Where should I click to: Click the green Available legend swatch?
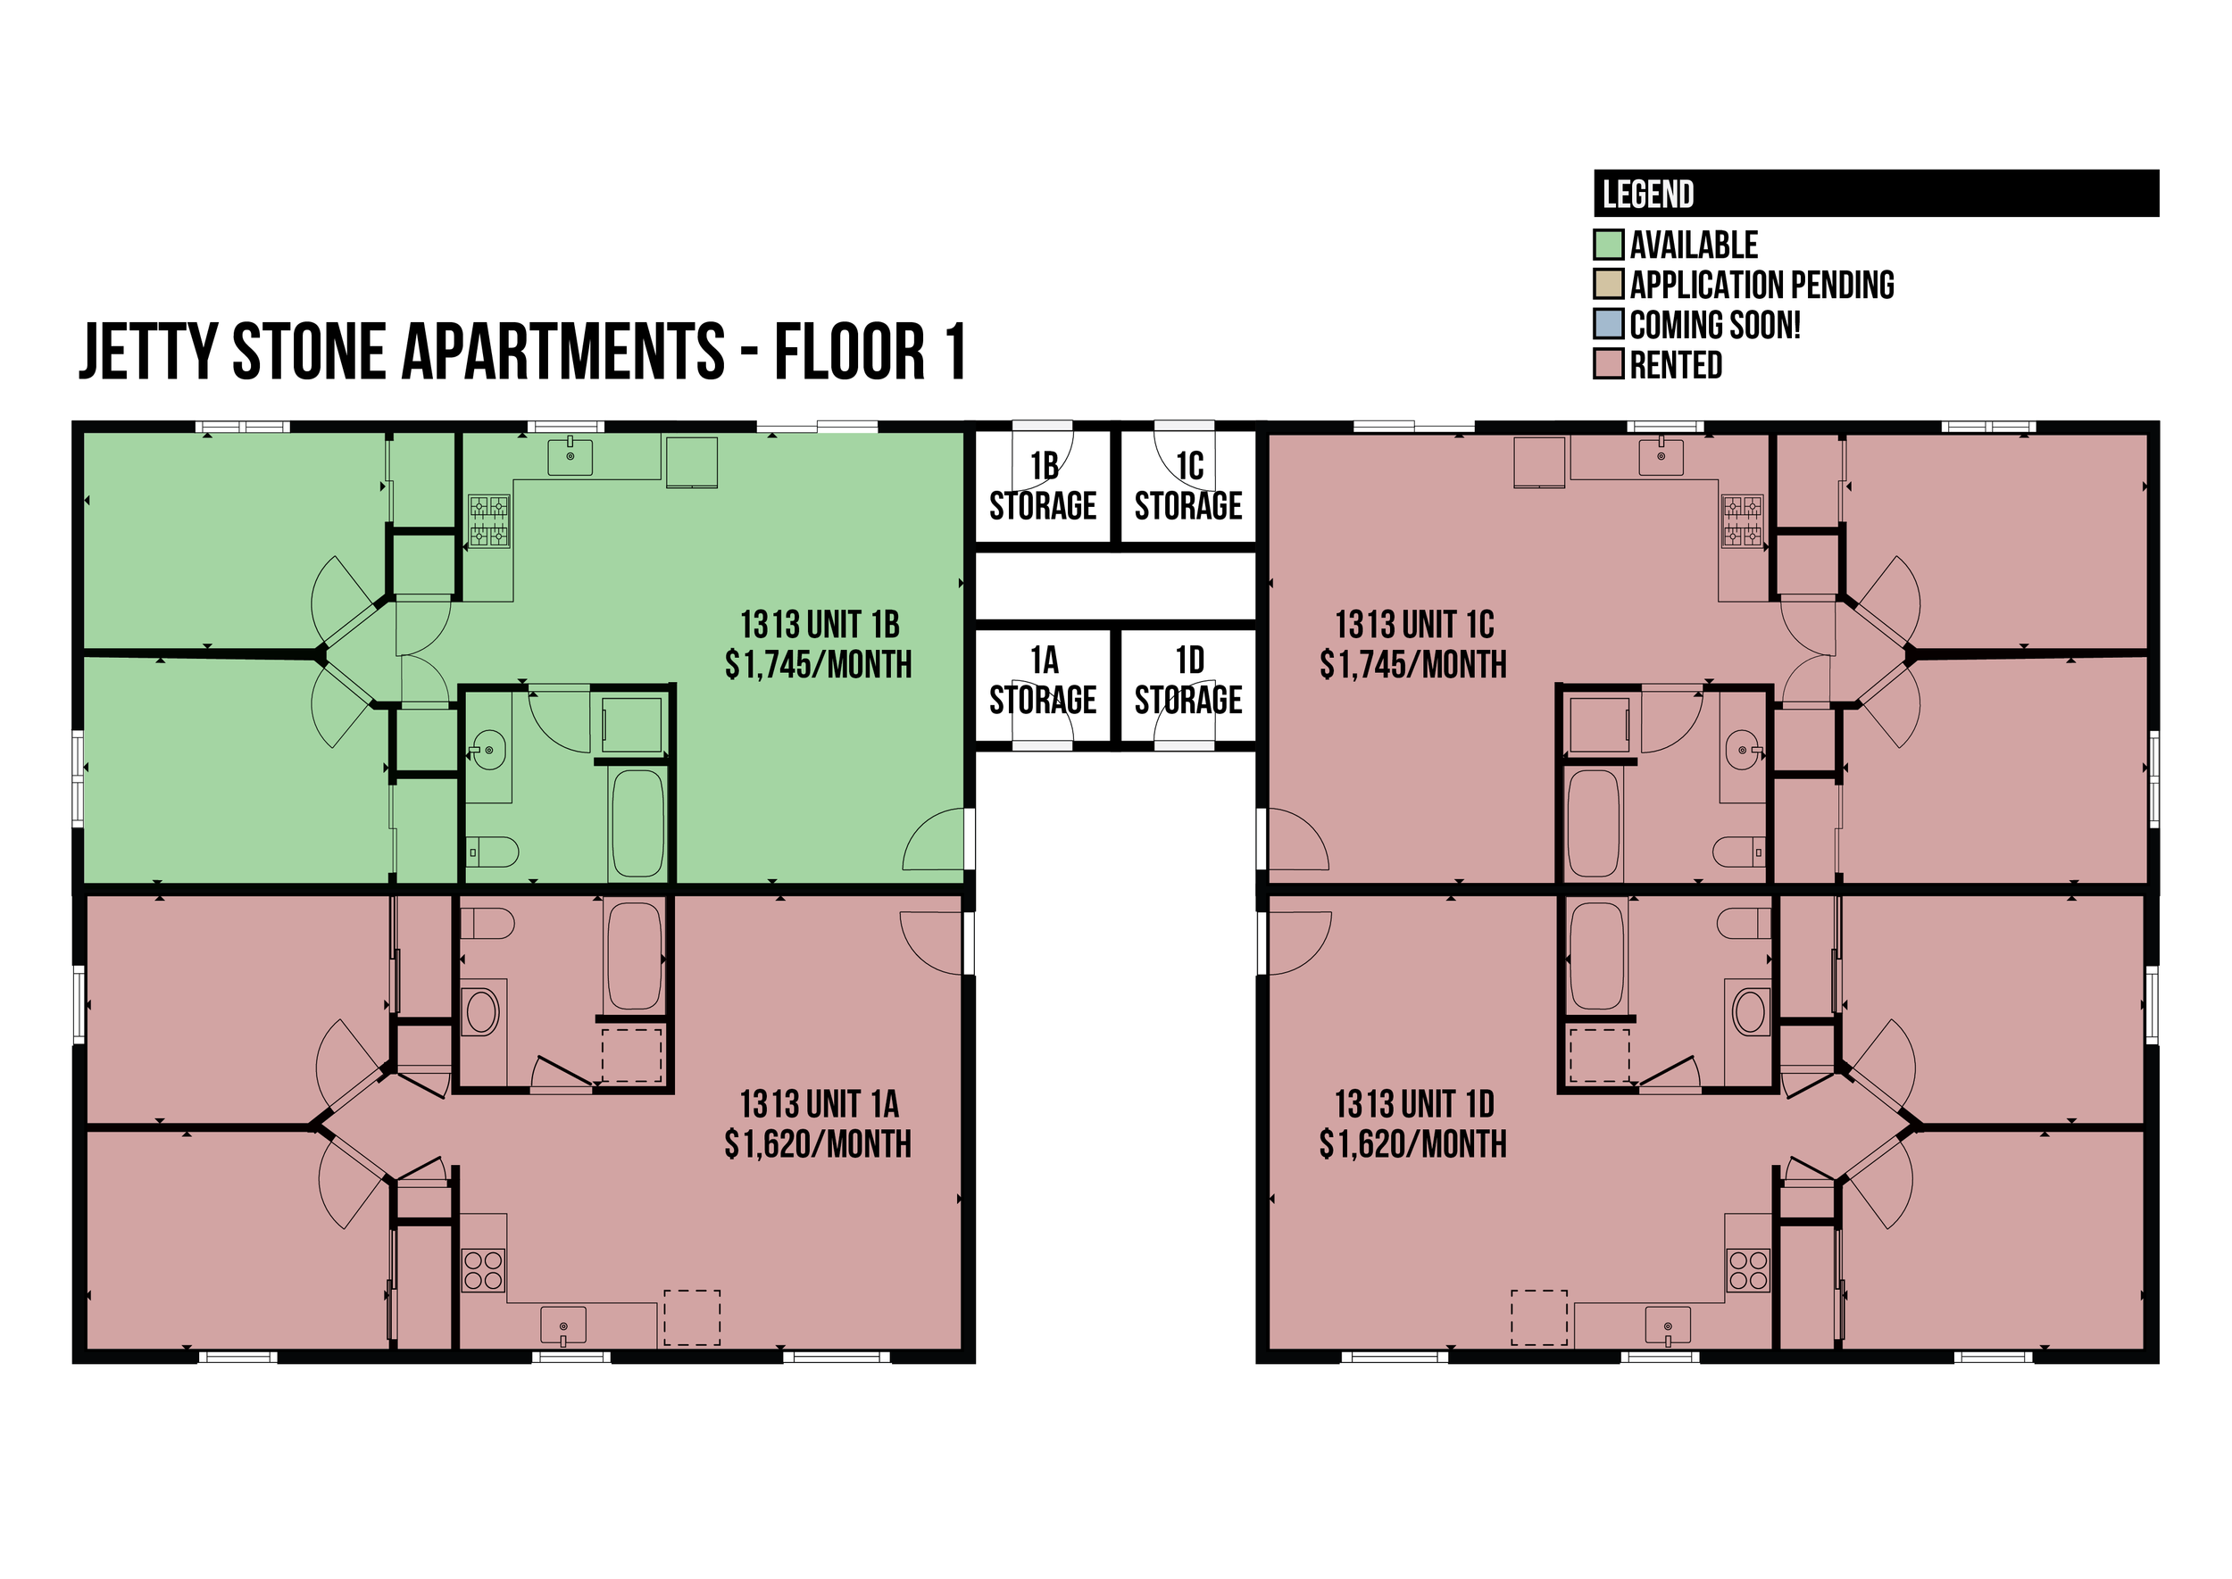(1609, 244)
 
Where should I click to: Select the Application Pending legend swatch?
(1609, 284)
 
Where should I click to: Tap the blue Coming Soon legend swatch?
(1609, 324)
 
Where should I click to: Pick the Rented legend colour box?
(1609, 363)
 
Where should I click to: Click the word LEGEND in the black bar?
(1648, 195)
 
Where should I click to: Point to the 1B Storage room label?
(1043, 486)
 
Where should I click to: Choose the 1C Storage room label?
(1188, 486)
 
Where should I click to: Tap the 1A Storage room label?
(1043, 680)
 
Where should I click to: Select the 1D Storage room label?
(1188, 680)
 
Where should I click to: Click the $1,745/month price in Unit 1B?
(819, 665)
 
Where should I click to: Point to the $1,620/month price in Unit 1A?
(819, 1144)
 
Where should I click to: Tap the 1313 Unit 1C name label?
(1414, 624)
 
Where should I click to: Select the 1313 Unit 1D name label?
(1414, 1103)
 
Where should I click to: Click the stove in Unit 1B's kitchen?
(489, 521)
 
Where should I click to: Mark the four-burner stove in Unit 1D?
(1748, 1270)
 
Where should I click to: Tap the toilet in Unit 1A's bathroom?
(487, 924)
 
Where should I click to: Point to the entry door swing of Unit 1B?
(935, 839)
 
